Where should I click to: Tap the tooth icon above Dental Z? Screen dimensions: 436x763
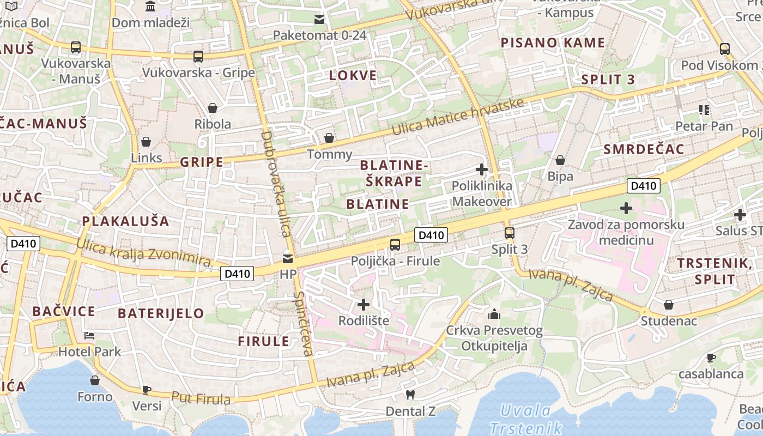click(410, 395)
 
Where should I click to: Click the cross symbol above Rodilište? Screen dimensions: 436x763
click(364, 304)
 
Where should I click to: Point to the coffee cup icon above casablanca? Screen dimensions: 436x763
click(711, 358)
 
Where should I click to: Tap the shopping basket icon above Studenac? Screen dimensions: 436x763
click(668, 305)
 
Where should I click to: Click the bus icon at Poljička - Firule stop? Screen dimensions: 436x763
click(395, 244)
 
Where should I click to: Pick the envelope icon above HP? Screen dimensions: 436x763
click(287, 258)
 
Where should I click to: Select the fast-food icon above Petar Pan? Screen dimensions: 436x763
click(704, 110)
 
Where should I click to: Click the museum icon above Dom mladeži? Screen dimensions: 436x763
click(150, 7)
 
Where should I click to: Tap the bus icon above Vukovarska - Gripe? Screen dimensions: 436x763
click(198, 56)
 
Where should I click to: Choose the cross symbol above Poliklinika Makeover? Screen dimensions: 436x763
click(482, 169)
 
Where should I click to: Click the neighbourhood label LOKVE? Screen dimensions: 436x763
click(353, 76)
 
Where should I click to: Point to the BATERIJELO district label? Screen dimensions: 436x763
click(161, 313)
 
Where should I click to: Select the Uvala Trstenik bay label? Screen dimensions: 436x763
click(526, 419)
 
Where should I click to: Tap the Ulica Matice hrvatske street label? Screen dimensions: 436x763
click(458, 117)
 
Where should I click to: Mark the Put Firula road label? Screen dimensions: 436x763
click(201, 398)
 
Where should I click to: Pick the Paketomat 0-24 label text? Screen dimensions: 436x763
click(319, 35)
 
